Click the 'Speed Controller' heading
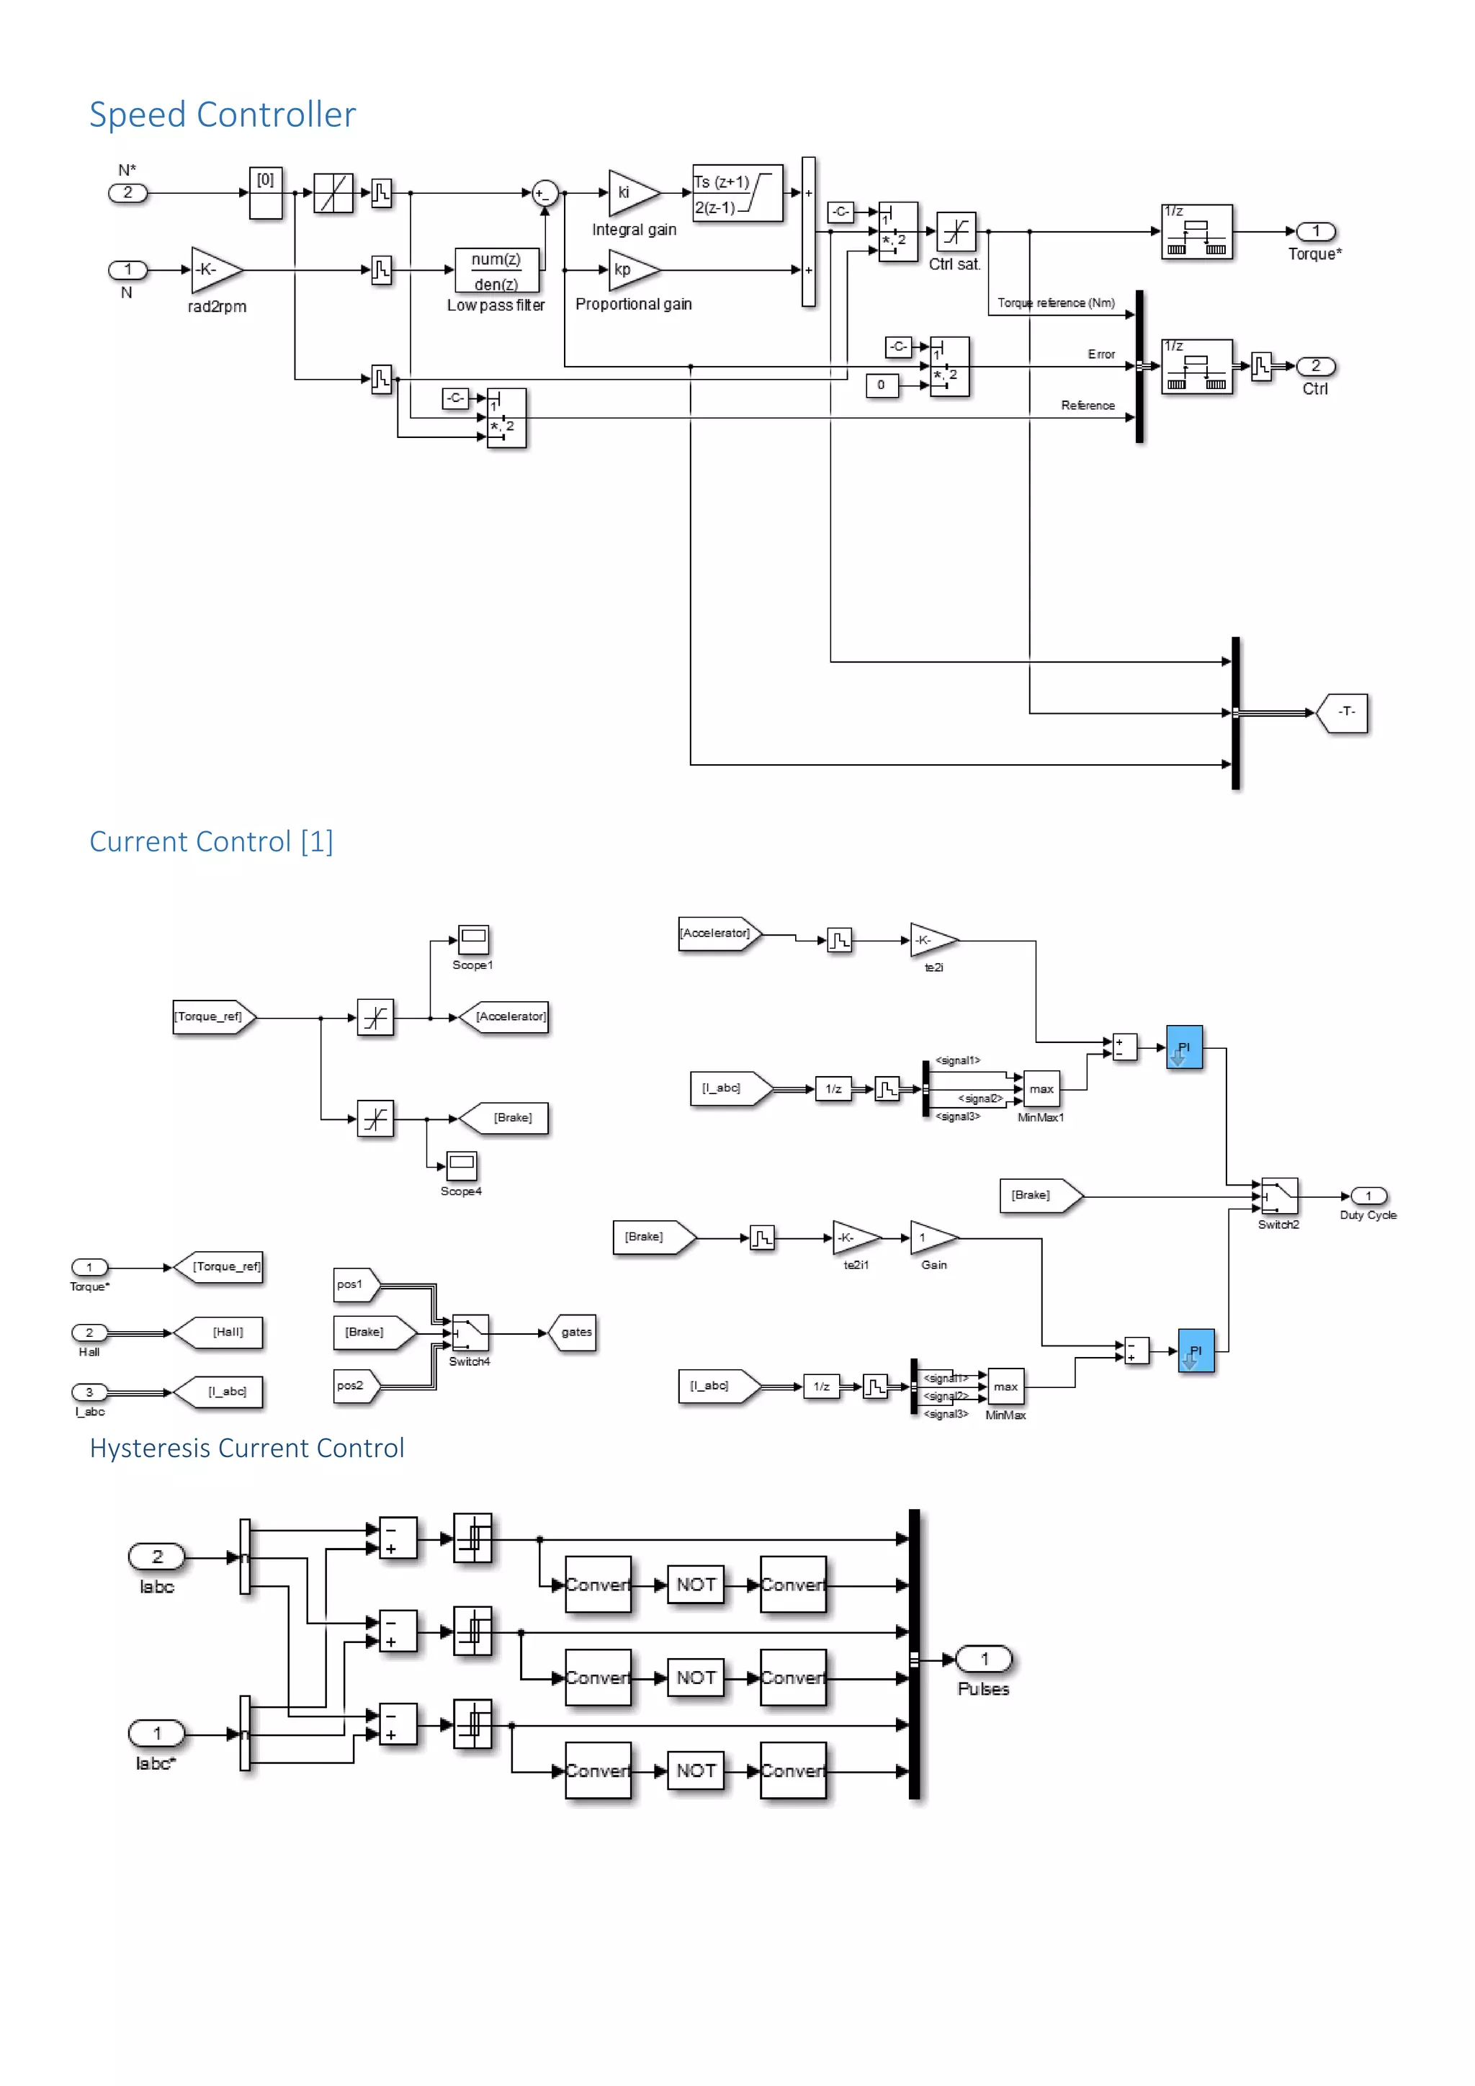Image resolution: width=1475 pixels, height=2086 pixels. (x=222, y=115)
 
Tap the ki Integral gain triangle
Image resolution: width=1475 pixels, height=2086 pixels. (x=630, y=192)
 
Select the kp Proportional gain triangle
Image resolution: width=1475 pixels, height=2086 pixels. (x=630, y=270)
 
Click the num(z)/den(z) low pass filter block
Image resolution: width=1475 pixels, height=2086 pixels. (x=496, y=271)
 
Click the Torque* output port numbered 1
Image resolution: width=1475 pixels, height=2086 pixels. (x=1315, y=232)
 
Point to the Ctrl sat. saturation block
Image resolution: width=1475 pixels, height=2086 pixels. (x=956, y=233)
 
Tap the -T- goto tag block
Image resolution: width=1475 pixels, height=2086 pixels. (x=1344, y=712)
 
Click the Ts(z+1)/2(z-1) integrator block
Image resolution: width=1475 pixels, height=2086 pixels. (x=737, y=194)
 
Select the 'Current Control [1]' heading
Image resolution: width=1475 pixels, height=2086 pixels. (x=211, y=841)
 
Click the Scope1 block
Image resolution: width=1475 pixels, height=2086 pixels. (x=473, y=939)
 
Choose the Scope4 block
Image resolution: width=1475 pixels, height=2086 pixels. (x=462, y=1165)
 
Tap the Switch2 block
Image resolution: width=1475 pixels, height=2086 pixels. (x=1279, y=1196)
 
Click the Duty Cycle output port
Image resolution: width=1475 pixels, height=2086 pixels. (x=1368, y=1196)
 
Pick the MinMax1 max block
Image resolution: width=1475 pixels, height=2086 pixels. (x=1041, y=1088)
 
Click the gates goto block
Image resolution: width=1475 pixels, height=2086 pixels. (x=574, y=1333)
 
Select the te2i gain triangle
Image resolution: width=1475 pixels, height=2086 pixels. (x=932, y=940)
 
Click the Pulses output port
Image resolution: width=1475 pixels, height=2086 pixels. (x=984, y=1660)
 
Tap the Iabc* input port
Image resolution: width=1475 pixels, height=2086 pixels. (x=157, y=1734)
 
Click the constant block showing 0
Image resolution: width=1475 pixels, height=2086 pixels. (x=881, y=385)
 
